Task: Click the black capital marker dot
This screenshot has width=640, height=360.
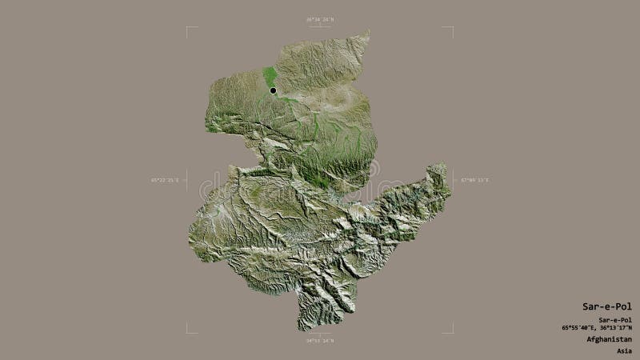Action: [x=273, y=90]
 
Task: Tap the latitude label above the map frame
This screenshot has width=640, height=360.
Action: [x=319, y=19]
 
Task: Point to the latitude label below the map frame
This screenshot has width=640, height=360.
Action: [x=319, y=341]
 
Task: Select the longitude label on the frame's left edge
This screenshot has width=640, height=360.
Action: [x=166, y=180]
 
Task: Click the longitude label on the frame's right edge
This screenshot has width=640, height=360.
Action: [x=474, y=180]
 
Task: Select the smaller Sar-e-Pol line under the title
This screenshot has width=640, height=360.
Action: [x=615, y=320]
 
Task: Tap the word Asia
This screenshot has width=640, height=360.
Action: [x=625, y=350]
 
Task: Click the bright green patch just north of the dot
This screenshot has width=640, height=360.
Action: [x=270, y=76]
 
